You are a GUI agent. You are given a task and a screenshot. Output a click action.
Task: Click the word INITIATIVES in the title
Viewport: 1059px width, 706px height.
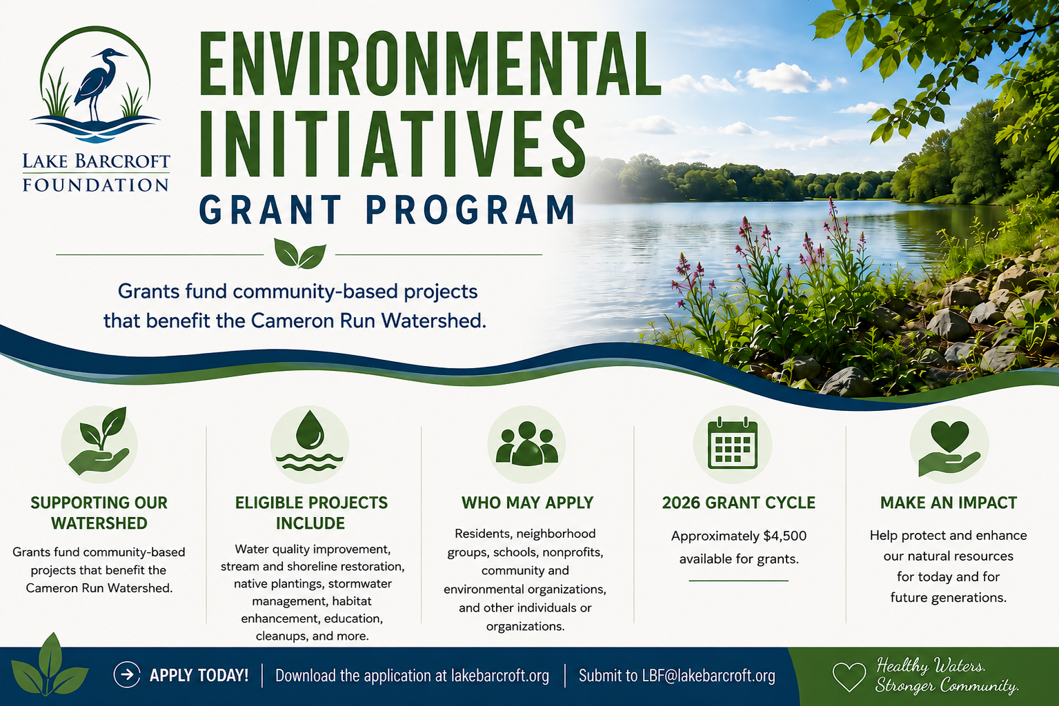point(392,144)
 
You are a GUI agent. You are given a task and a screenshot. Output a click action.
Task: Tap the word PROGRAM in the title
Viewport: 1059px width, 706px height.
point(471,210)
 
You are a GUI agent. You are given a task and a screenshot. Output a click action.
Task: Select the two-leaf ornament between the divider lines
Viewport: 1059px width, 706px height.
point(299,253)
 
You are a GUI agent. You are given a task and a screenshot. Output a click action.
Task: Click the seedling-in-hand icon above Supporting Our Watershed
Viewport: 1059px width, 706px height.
point(100,443)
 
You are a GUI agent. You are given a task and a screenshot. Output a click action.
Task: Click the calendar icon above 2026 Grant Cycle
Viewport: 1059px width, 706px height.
point(732,443)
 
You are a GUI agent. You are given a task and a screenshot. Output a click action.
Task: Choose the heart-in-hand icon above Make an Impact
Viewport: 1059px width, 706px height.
point(949,448)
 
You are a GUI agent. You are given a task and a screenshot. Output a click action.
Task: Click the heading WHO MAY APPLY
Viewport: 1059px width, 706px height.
point(527,503)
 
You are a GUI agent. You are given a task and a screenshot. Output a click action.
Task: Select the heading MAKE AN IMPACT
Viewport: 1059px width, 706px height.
point(949,503)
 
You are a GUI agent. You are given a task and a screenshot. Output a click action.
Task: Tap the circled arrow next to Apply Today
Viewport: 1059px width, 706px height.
point(127,674)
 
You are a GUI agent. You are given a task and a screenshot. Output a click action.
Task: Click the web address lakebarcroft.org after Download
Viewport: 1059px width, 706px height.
point(499,676)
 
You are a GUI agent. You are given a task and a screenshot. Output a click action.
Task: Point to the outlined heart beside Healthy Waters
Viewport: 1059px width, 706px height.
point(849,677)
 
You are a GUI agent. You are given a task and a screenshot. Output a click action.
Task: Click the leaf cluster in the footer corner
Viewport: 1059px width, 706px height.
point(50,665)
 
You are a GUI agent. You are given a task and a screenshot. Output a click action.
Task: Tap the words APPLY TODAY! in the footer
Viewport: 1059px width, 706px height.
point(199,675)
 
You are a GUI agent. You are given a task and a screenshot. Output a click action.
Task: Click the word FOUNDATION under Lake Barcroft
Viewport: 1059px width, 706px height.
point(95,185)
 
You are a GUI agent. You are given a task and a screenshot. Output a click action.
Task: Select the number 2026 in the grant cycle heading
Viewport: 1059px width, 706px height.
point(681,503)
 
